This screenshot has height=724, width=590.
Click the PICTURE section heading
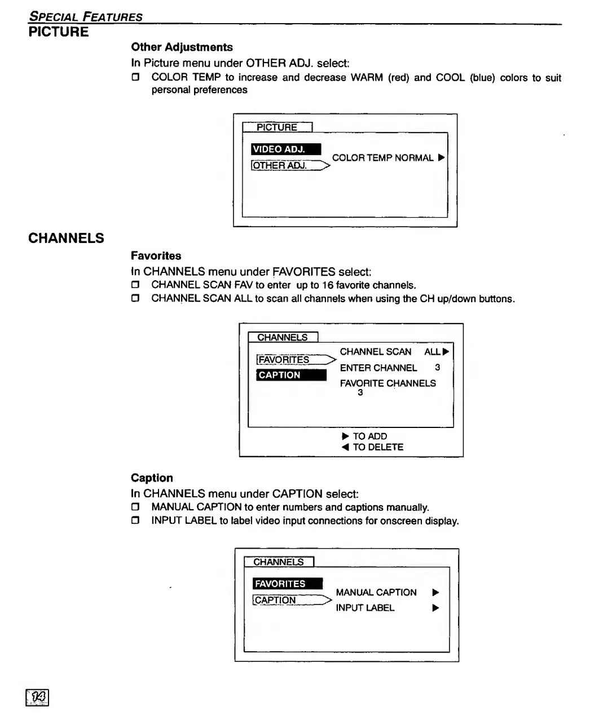point(59,32)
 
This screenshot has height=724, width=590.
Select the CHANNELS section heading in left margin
point(66,239)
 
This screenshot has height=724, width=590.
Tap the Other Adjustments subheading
point(182,47)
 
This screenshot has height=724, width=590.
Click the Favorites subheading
point(156,256)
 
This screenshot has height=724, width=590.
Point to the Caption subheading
point(152,478)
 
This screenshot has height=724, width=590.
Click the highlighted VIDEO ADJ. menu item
point(286,149)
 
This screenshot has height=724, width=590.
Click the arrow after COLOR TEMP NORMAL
point(441,158)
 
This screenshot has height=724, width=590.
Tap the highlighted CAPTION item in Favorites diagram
point(291,375)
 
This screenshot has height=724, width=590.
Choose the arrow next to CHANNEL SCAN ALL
point(446,352)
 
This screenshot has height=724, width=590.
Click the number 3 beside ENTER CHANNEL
point(437,368)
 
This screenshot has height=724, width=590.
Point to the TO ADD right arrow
point(345,436)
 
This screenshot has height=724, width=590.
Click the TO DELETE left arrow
point(345,447)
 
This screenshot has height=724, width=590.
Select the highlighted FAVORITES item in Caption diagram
point(288,584)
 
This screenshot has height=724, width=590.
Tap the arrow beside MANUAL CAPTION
point(435,593)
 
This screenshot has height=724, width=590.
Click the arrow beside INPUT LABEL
point(435,608)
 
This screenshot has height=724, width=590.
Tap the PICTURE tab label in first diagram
point(277,127)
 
